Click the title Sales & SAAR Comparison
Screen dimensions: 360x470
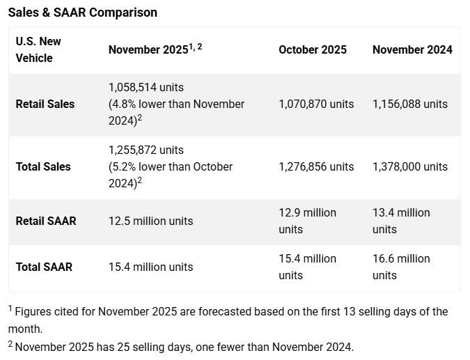[83, 13]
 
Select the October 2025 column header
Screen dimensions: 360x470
[313, 49]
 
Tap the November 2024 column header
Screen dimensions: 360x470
[412, 49]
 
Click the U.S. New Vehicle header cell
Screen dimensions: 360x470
[38, 49]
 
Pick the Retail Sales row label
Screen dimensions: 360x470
[45, 104]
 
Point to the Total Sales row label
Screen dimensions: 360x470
[43, 166]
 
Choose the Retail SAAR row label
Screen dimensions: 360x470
[46, 221]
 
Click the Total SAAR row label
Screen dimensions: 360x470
[44, 267]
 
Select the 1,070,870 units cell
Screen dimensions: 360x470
[316, 104]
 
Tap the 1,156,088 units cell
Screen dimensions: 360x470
[410, 104]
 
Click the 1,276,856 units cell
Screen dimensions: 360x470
[316, 166]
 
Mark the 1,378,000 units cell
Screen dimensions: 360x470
[410, 166]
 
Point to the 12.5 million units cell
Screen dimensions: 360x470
[151, 221]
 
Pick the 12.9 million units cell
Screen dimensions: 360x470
[307, 221]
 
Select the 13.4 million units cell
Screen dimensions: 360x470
[401, 221]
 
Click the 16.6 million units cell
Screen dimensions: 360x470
[401, 267]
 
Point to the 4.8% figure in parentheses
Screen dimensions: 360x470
[125, 104]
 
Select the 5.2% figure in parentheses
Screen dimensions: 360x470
[125, 166]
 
